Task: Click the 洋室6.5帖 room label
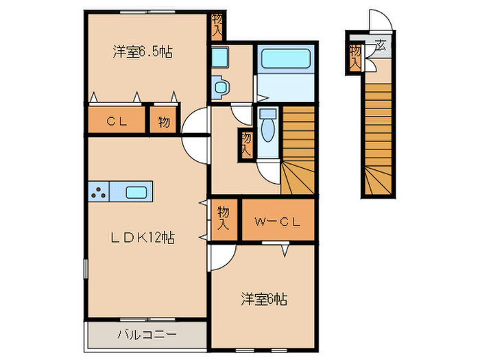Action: click(x=143, y=52)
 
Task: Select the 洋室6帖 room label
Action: click(x=263, y=299)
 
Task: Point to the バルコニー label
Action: click(x=146, y=335)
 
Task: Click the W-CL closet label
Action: click(x=277, y=221)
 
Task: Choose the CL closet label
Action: click(x=115, y=121)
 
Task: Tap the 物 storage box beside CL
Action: click(x=164, y=121)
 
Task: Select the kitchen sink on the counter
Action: click(x=138, y=192)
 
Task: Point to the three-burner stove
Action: click(x=98, y=192)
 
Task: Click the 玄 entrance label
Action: click(x=379, y=47)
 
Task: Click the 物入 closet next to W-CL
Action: click(x=224, y=218)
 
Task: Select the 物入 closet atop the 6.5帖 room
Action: click(x=217, y=25)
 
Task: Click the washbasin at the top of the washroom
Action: click(x=220, y=58)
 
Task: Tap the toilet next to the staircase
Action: click(x=267, y=125)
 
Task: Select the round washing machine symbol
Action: click(x=220, y=86)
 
